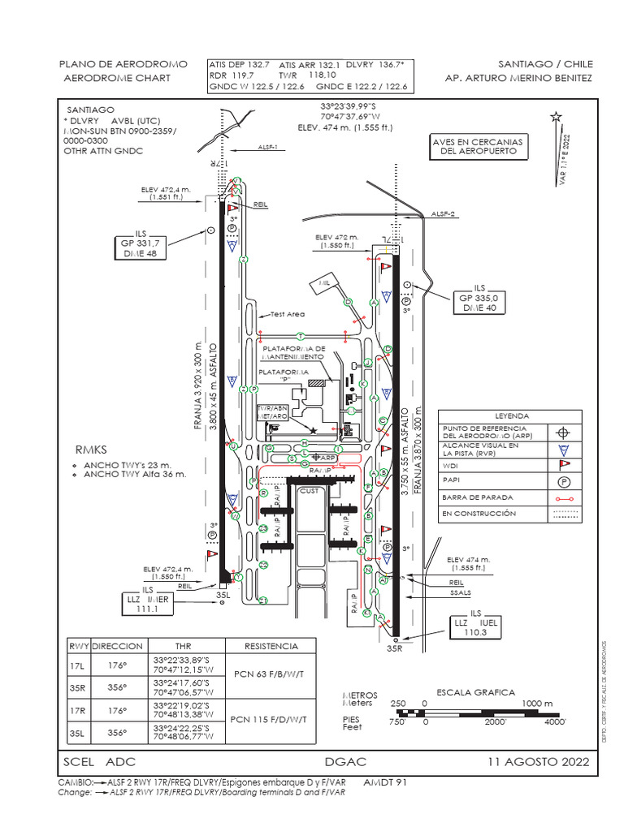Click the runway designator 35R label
click(x=395, y=648)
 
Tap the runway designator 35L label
click(x=223, y=595)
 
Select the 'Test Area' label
click(x=287, y=314)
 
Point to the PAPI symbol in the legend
click(x=564, y=480)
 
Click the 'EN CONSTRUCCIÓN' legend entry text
click(x=479, y=514)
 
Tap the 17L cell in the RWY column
click(x=78, y=665)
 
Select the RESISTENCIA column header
click(x=272, y=646)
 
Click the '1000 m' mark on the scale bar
click(x=536, y=703)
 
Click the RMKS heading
click(x=91, y=449)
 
